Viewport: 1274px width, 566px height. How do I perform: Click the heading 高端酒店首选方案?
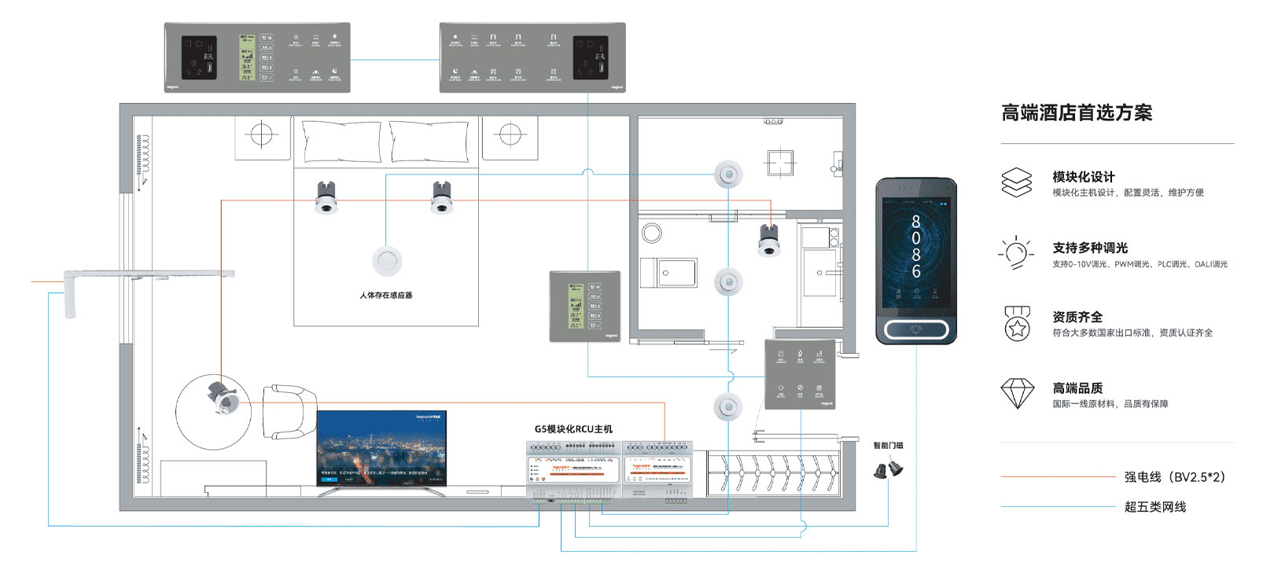point(1077,113)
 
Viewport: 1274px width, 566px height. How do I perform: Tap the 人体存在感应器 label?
point(386,296)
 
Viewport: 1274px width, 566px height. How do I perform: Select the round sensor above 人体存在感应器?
point(387,261)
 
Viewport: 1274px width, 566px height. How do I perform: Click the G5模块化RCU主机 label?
point(573,429)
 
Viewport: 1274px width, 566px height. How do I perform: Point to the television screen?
point(381,448)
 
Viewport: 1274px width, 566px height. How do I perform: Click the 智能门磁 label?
point(889,446)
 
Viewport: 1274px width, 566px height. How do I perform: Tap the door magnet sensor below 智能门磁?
point(889,469)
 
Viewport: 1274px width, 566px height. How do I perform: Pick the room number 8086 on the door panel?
point(915,247)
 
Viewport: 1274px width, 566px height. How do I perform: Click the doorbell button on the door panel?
point(916,329)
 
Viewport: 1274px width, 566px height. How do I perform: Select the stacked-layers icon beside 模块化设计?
point(1017,182)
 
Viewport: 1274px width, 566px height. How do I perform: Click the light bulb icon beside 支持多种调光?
point(1016,253)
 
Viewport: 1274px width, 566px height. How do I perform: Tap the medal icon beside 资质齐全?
point(1017,323)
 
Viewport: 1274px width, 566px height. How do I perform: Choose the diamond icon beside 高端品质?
point(1017,393)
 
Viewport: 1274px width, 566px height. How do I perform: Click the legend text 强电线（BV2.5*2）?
point(1174,477)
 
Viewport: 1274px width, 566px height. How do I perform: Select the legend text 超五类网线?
point(1155,507)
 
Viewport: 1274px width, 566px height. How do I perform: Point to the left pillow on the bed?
point(342,142)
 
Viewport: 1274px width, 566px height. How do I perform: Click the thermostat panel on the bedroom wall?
point(584,307)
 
